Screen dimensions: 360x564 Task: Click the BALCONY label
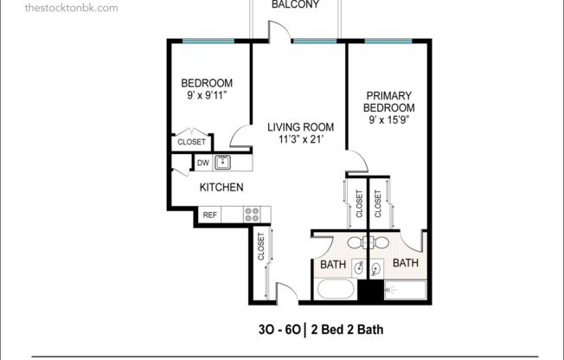(x=295, y=5)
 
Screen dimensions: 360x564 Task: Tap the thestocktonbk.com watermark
(x=60, y=8)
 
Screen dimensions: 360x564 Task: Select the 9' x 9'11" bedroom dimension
(x=207, y=96)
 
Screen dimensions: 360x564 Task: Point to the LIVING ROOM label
(x=299, y=127)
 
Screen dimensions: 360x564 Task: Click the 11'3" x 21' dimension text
(x=299, y=139)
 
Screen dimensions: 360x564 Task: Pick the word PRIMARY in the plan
(x=388, y=95)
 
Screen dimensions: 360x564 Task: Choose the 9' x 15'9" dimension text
(x=388, y=120)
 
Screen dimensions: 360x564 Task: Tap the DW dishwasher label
(x=202, y=162)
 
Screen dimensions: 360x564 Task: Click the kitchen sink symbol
(x=224, y=161)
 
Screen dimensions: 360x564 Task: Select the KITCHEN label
(x=221, y=187)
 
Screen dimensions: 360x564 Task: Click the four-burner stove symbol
(x=253, y=214)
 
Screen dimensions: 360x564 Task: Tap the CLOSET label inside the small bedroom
(x=192, y=142)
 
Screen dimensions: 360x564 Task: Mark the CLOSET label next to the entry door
(x=260, y=247)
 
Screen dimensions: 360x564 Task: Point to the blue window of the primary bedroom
(x=387, y=40)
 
